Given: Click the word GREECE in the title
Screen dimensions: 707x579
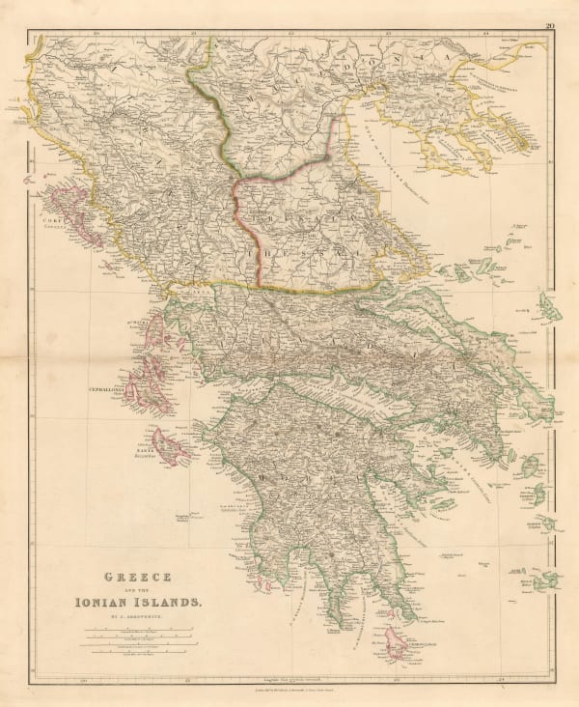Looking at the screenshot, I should tap(132, 578).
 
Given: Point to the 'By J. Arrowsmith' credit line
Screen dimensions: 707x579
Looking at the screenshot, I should tap(132, 616).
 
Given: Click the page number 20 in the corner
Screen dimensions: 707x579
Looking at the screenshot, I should tap(548, 26).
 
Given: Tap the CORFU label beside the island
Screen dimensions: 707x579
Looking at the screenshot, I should tap(51, 220).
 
